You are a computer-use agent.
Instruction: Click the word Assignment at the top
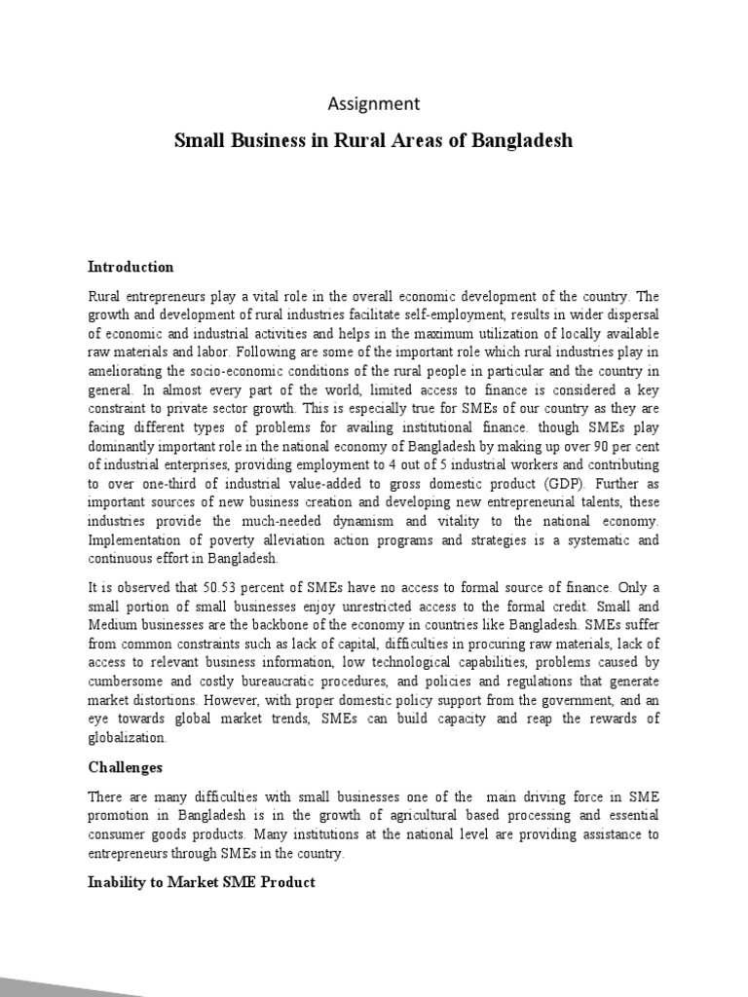click(x=373, y=103)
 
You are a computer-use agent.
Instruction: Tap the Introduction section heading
click(x=131, y=267)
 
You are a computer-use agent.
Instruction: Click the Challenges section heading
click(x=125, y=767)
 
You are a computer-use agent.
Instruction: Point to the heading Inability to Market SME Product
click(x=202, y=882)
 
